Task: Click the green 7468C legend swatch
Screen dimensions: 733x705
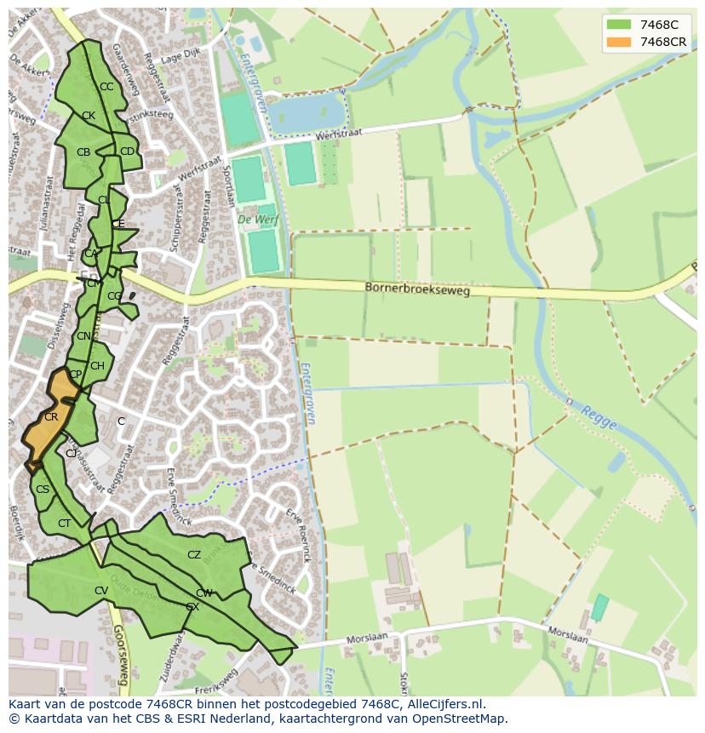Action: [619, 25]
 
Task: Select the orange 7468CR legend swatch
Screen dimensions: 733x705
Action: [619, 42]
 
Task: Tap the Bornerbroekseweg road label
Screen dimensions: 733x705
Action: [417, 289]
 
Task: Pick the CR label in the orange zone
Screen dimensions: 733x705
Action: [51, 417]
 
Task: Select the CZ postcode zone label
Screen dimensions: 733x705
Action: [194, 555]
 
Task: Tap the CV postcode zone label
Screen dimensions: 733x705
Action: [101, 591]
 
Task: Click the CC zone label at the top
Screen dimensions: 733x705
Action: [106, 87]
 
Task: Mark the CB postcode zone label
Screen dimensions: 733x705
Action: [83, 152]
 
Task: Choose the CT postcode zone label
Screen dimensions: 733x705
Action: [65, 524]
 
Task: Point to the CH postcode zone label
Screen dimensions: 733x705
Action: [97, 366]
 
